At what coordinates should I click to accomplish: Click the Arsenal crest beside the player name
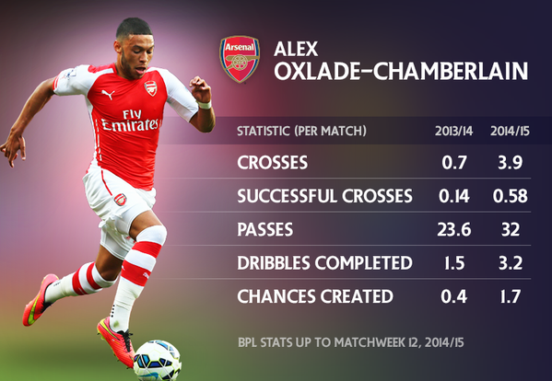[x=240, y=59]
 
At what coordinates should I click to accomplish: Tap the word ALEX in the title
[x=296, y=49]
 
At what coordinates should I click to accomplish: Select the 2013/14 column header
[x=453, y=131]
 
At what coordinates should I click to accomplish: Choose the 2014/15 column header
[x=511, y=131]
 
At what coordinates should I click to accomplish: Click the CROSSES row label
[x=273, y=163]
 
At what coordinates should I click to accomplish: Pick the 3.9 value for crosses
[x=511, y=163]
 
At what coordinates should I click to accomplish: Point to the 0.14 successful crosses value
[x=454, y=196]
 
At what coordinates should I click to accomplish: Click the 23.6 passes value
[x=454, y=229]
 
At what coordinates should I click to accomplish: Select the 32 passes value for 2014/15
[x=511, y=229]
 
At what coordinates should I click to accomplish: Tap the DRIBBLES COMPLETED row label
[x=324, y=263]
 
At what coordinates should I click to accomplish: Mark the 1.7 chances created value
[x=511, y=296]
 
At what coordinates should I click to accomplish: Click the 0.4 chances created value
[x=454, y=296]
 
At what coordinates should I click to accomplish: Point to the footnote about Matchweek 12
[x=351, y=342]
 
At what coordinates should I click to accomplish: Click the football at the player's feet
[x=158, y=360]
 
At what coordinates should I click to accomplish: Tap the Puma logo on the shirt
[x=108, y=94]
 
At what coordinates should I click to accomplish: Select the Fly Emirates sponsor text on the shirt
[x=130, y=121]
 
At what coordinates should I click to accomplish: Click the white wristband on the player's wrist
[x=205, y=104]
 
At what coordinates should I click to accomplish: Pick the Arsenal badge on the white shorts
[x=120, y=200]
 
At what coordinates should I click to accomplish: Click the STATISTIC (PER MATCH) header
[x=301, y=131]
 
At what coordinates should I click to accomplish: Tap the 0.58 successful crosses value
[x=511, y=196]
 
